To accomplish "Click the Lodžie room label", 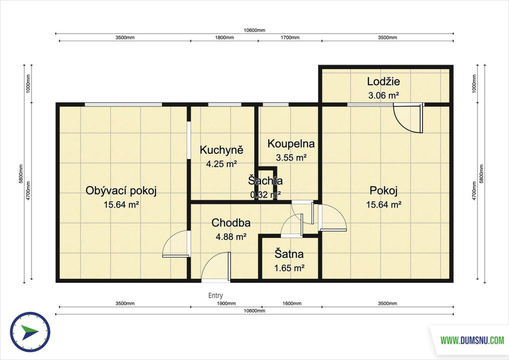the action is (383, 82).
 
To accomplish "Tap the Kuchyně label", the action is (221, 150).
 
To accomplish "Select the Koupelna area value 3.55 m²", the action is (291, 157).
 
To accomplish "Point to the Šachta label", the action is (265, 181).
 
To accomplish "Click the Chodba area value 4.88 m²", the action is (231, 237).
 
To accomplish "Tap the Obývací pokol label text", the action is (121, 191).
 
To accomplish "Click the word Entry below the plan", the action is (215, 295).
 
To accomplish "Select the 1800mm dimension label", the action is (224, 37).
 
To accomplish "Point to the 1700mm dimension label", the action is (290, 37).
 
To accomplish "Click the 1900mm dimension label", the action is (226, 303).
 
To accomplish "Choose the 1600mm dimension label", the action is (292, 303).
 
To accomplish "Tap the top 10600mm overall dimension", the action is (255, 30).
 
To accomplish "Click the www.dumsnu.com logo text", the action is (472, 340).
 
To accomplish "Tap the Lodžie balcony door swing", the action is (408, 118).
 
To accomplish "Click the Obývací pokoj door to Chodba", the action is (176, 244).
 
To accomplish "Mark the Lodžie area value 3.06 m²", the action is (384, 95).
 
